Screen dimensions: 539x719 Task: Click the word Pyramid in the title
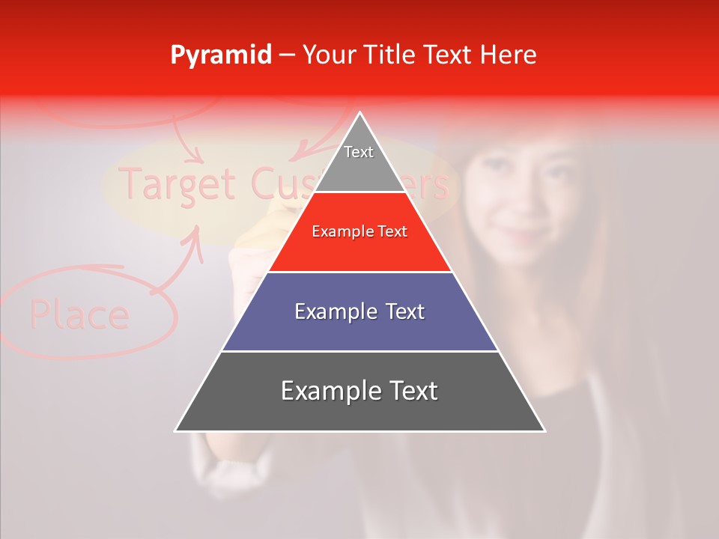point(220,55)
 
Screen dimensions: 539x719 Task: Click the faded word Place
point(79,314)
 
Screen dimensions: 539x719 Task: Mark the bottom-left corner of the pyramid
point(176,430)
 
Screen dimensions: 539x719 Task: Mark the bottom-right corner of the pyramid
point(544,430)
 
